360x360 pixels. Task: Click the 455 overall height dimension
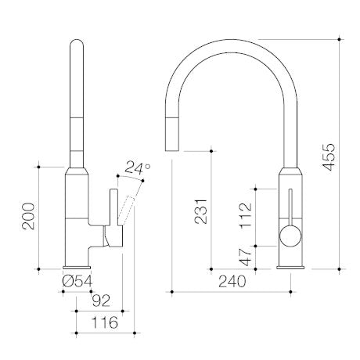[328, 157]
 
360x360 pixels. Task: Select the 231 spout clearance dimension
[200, 211]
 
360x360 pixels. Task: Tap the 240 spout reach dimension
[232, 281]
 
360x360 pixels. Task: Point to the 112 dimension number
[246, 215]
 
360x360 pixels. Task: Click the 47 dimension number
[246, 257]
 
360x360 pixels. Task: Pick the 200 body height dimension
[28, 216]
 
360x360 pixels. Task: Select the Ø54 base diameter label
[77, 281]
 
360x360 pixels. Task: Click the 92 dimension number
[101, 301]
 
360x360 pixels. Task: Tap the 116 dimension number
[105, 322]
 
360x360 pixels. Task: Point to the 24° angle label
[138, 168]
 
